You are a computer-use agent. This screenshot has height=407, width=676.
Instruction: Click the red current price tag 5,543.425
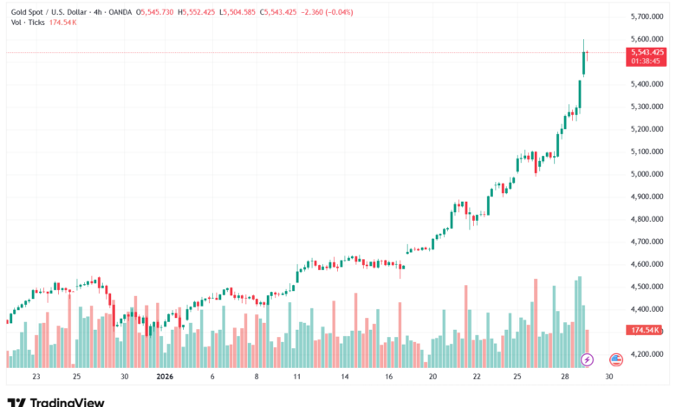tap(647, 52)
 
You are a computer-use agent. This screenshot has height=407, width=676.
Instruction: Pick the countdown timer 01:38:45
tap(647, 61)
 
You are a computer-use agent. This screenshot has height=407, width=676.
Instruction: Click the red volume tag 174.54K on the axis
tap(646, 331)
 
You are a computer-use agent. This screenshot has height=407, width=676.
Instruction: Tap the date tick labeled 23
tap(36, 378)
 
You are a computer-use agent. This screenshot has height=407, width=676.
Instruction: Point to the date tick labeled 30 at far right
tap(609, 378)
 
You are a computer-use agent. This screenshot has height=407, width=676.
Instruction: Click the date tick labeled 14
tap(344, 378)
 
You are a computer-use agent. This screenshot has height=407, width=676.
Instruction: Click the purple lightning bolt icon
tap(587, 359)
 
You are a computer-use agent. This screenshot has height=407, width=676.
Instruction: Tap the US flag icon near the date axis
tap(616, 359)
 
